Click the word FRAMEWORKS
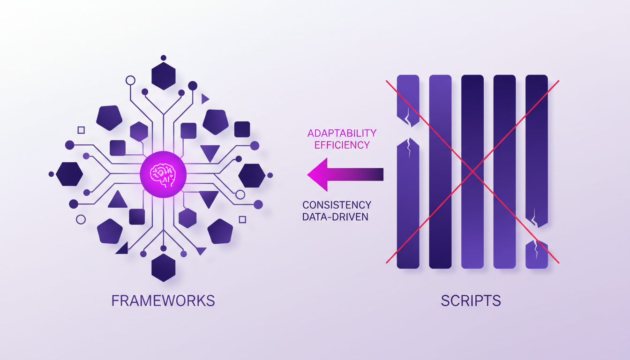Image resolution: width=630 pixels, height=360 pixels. tap(163, 300)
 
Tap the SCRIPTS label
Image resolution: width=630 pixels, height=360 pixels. tap(471, 300)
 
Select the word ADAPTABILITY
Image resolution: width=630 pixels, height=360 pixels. tap(342, 134)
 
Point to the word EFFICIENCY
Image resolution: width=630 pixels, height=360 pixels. tap(342, 145)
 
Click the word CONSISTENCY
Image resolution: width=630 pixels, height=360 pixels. tap(337, 205)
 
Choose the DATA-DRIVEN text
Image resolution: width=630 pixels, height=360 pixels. tap(335, 217)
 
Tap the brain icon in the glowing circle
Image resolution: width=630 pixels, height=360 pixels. tap(163, 175)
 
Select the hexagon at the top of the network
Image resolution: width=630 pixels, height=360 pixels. tap(163, 76)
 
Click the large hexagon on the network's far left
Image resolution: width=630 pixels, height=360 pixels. tap(69, 174)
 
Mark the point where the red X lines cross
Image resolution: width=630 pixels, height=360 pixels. tap(472, 172)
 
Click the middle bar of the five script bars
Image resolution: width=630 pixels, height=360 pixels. tap(472, 172)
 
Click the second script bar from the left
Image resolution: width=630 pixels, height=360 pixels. tap(440, 172)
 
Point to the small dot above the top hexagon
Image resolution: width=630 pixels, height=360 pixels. tap(163, 58)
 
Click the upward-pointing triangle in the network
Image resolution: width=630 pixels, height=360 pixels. tap(117, 200)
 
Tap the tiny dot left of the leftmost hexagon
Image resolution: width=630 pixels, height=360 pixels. tap(51, 174)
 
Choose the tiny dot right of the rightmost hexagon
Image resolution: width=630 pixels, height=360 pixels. tap(270, 175)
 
